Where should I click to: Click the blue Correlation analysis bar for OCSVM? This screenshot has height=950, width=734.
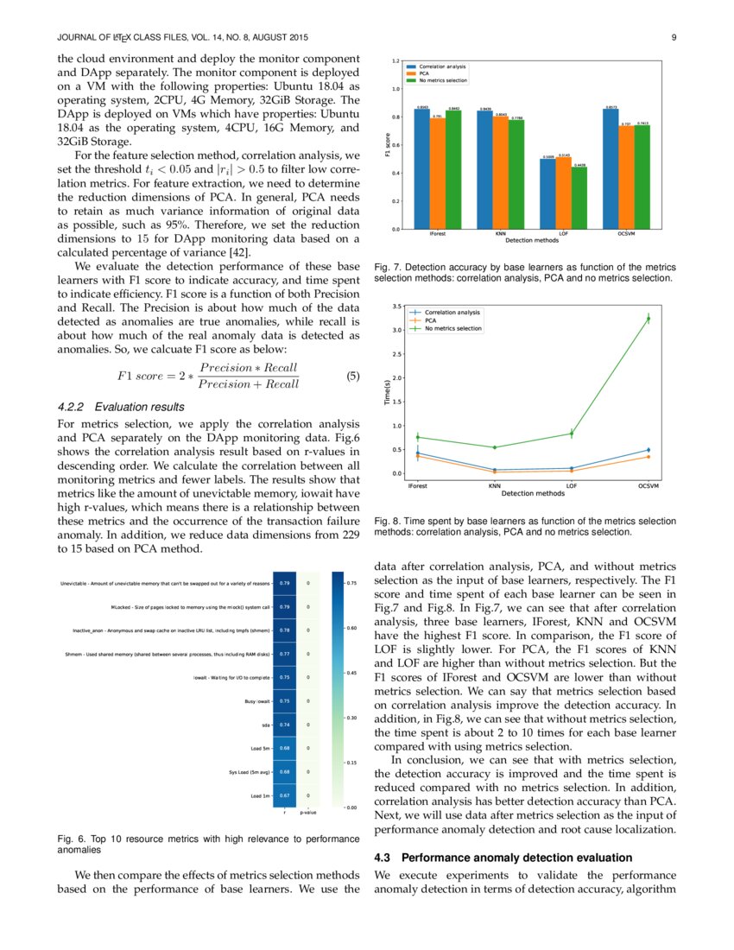610,168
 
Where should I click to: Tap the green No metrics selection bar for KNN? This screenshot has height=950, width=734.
516,174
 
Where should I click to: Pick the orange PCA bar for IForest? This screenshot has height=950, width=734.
438,173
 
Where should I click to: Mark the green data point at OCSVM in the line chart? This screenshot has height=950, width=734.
649,319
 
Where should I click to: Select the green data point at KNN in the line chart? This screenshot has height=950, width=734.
495,447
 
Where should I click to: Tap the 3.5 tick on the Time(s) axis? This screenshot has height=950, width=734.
395,307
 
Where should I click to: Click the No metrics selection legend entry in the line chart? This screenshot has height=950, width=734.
453,328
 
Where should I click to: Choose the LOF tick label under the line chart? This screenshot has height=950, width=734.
572,486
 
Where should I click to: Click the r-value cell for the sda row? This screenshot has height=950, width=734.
284,725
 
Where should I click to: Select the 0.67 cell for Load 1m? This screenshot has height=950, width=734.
284,795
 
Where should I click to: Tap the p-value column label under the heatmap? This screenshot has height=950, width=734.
307,813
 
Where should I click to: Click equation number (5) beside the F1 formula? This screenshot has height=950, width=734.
351,376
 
